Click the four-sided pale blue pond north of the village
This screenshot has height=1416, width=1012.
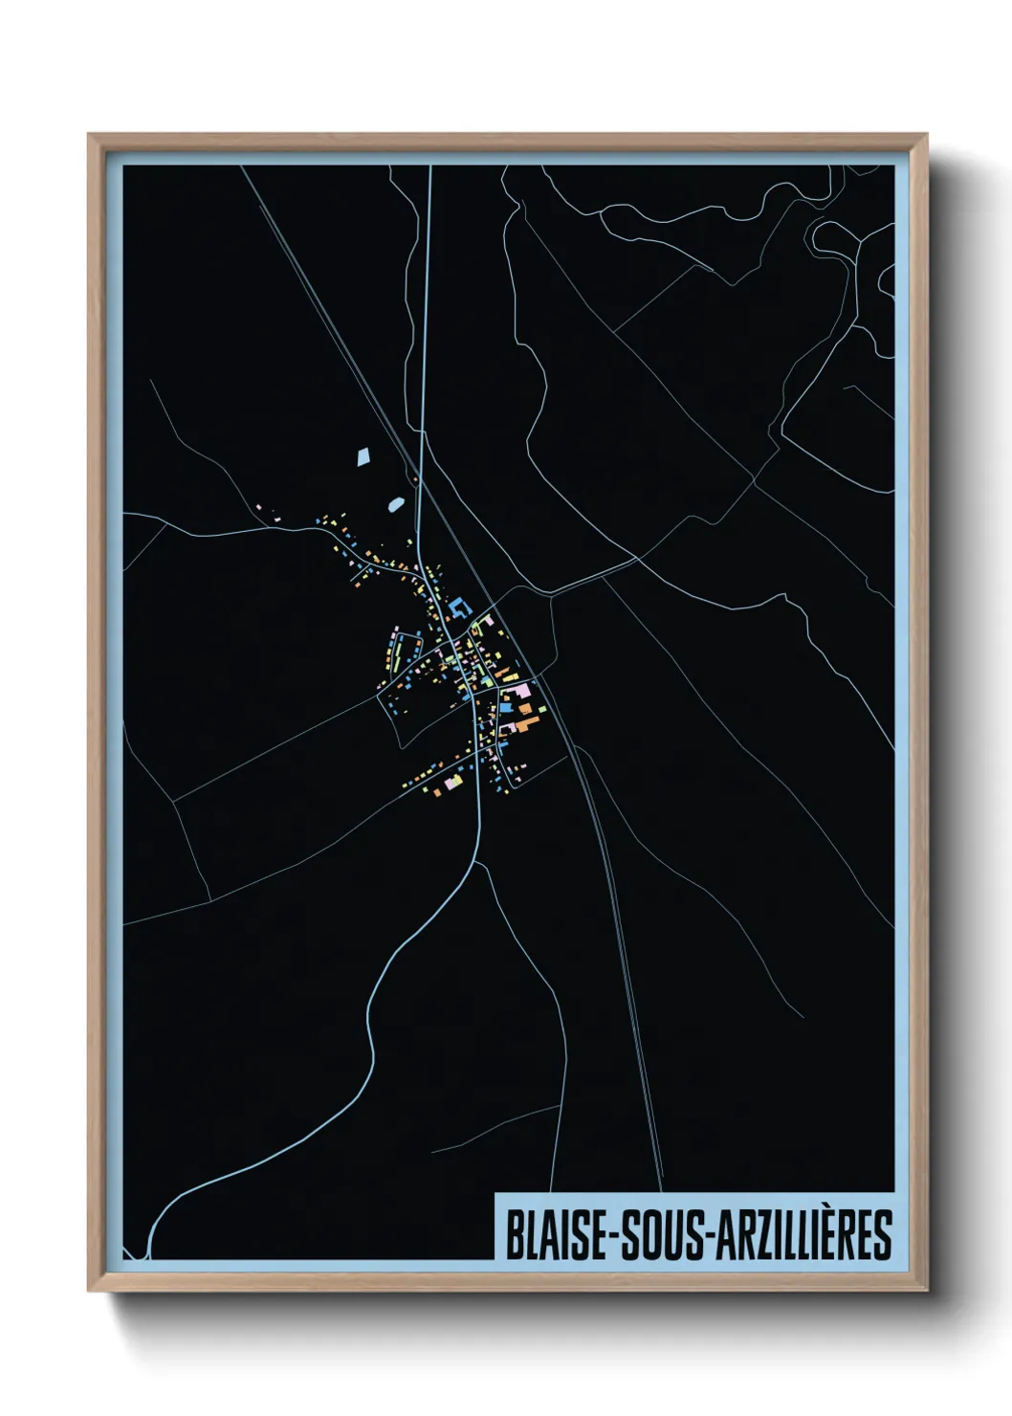363,456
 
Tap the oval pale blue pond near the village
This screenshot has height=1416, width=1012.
395,503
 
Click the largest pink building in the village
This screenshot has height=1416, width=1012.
517,691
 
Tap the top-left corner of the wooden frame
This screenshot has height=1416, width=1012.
89,135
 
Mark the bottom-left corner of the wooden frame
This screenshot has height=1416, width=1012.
89,1291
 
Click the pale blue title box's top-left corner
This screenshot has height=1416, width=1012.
495,1193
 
